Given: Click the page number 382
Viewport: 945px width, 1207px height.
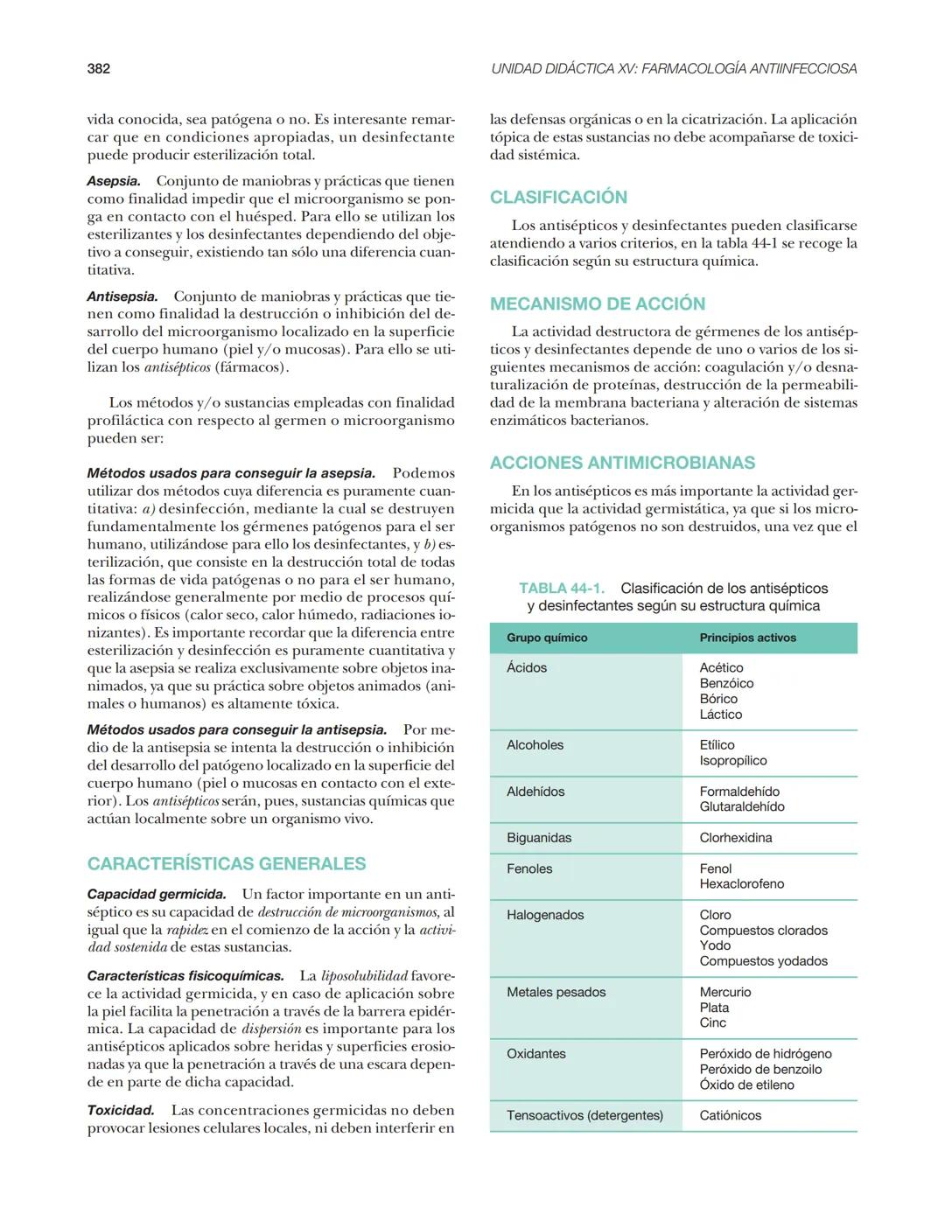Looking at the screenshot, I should pos(98,68).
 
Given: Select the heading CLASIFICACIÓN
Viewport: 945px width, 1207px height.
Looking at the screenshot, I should pos(558,197).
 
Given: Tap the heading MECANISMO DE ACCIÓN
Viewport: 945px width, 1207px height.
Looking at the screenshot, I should pos(597,303).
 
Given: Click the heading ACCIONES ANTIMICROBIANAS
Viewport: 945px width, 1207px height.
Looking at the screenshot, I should pos(622,463).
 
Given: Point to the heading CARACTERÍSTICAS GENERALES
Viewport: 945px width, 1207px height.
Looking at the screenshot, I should pos(226,863).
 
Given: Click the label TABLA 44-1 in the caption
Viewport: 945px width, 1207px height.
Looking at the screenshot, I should pos(561,589).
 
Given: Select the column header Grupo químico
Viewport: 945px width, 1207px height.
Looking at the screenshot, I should pos(547,638).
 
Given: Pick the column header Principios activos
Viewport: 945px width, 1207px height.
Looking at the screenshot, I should pos(747,638).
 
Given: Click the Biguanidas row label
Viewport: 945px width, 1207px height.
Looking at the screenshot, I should pos(539,838).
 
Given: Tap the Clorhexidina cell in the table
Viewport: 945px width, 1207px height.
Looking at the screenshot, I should pos(735,838).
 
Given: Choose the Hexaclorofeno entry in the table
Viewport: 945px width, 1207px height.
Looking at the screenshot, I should pos(741,884).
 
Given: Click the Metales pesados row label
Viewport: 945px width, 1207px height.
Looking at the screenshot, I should pos(556,992).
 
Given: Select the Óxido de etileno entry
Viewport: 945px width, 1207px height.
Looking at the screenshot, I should pos(746,1085).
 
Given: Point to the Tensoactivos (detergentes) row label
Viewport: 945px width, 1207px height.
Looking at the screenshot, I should pos(584,1115).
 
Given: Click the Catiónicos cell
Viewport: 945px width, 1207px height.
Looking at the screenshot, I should pos(730,1115).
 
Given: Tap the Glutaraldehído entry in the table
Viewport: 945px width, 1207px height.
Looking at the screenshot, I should pos(741,806).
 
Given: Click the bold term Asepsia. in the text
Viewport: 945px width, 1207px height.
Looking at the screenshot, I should pos(114,181).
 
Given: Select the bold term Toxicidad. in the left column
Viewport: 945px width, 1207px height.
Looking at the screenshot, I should pos(120,1110).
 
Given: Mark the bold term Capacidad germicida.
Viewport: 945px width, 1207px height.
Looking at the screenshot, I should pos(157,894).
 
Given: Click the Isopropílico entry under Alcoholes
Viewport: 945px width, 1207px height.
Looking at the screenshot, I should pos(732,760).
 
